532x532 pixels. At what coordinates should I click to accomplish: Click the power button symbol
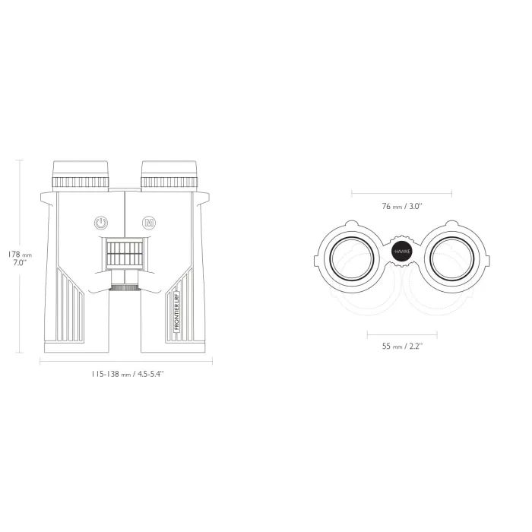101,223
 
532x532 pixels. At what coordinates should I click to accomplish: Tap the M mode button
149,223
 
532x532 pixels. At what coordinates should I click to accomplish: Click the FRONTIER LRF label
177,311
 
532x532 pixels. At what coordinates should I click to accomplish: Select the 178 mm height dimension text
20,258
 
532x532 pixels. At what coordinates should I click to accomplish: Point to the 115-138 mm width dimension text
127,374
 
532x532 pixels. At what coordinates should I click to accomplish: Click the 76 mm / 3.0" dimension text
402,206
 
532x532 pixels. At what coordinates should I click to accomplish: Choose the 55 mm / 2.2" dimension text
402,346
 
